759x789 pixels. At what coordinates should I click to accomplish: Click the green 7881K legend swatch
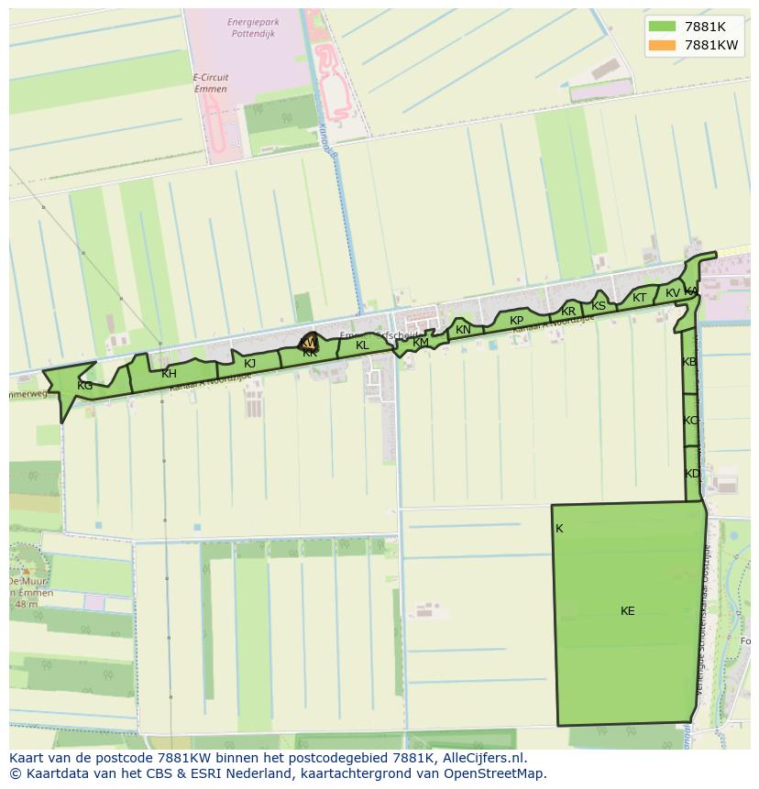(x=661, y=27)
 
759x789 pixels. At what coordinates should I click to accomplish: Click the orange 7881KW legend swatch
(x=661, y=45)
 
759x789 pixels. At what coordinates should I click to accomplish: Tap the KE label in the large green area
(x=627, y=611)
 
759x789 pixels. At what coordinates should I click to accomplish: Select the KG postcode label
(x=84, y=386)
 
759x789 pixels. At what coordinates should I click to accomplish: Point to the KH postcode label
(x=169, y=374)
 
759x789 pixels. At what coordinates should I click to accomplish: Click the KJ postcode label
(x=249, y=364)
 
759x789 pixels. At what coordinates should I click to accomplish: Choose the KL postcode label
(x=362, y=345)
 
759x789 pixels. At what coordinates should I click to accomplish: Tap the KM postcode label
(x=421, y=343)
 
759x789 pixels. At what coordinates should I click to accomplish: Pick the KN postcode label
(x=463, y=330)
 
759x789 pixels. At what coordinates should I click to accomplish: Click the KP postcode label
(x=516, y=321)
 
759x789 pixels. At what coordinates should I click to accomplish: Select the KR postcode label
(x=568, y=312)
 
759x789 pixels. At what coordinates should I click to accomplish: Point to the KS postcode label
(x=599, y=306)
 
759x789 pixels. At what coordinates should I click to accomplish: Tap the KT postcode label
(x=639, y=298)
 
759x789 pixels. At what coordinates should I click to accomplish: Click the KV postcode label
(x=673, y=293)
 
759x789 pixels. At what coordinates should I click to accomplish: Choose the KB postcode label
(x=689, y=362)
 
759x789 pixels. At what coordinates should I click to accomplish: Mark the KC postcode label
(x=690, y=421)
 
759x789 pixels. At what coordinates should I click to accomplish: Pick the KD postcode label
(x=692, y=474)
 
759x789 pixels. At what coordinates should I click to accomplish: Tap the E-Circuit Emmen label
(x=211, y=83)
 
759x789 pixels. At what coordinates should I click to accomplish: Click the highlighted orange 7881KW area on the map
(x=310, y=343)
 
